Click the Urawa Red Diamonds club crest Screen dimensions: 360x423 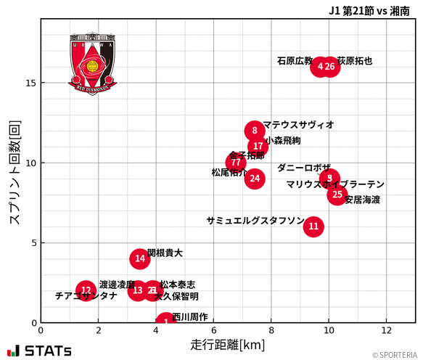click(92, 64)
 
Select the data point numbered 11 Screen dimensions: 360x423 click(313, 226)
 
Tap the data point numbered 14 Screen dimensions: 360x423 click(140, 258)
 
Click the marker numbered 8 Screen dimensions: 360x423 click(255, 131)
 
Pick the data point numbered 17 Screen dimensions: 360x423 click(258, 147)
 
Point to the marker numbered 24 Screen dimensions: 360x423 click(255, 179)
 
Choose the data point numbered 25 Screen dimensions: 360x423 click(337, 195)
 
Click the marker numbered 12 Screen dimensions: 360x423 click(86, 290)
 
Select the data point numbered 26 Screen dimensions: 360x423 click(330, 67)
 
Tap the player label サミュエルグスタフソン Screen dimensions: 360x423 click(255, 220)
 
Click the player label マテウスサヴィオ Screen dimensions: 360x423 click(298, 125)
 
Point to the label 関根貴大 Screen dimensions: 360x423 click(165, 253)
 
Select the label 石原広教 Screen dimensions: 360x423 click(295, 61)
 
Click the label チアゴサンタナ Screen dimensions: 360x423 click(86, 296)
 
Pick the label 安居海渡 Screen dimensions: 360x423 click(362, 200)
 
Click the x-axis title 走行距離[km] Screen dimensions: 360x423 click(228, 343)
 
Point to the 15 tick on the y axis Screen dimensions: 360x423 click(30, 83)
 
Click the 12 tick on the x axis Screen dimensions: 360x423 click(387, 330)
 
